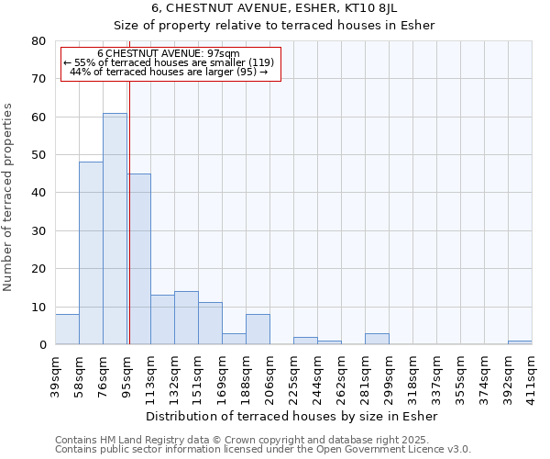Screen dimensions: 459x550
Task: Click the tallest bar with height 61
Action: click(115, 229)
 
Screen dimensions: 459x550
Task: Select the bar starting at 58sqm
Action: click(91, 253)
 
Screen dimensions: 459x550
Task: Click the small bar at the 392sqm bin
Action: click(520, 342)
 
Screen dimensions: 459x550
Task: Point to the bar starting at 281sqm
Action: click(377, 339)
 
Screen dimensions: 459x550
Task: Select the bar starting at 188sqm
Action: click(258, 330)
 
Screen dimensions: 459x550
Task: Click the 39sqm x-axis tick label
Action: click(56, 374)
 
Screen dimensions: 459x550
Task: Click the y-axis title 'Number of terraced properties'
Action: click(8, 197)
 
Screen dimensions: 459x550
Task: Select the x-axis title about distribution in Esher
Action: click(291, 417)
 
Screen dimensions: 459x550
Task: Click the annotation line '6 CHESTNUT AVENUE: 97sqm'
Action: click(169, 54)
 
